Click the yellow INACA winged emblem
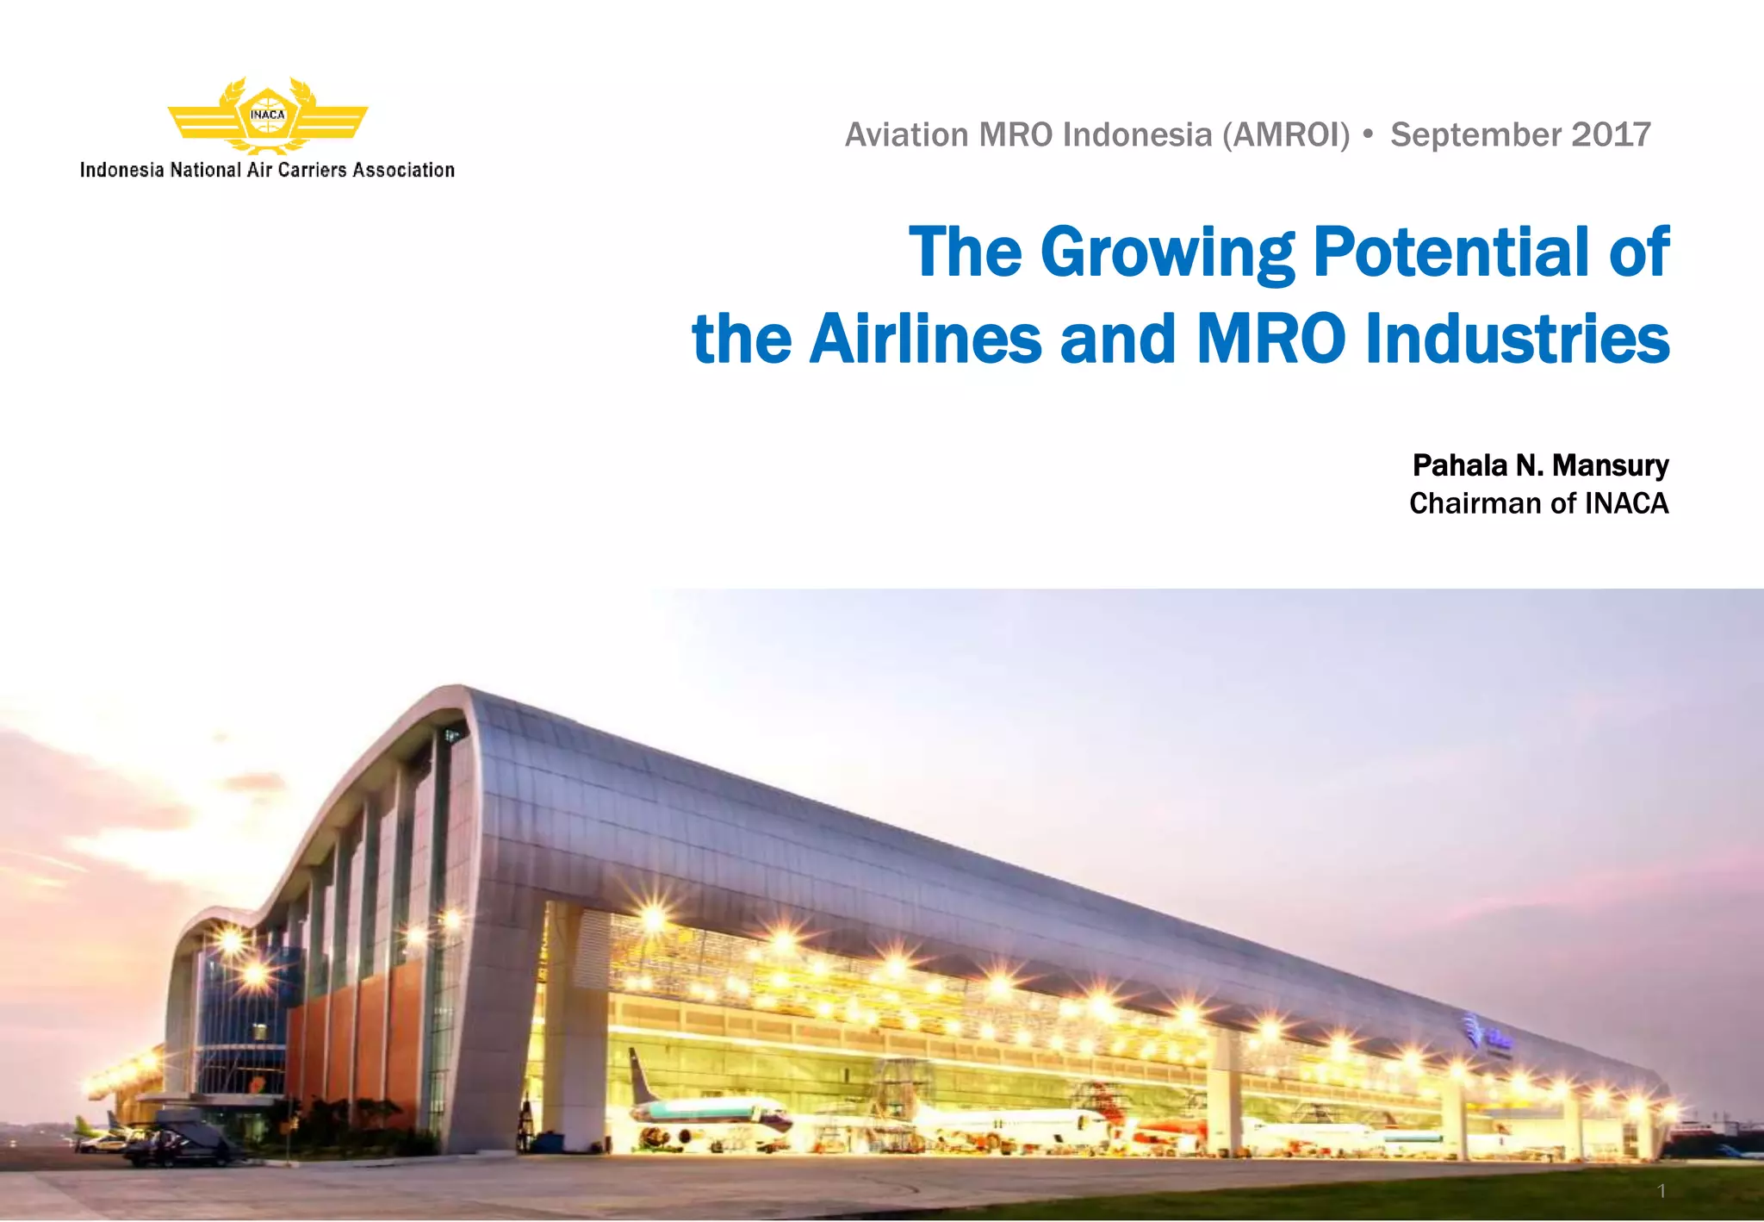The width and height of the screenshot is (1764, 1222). (x=267, y=116)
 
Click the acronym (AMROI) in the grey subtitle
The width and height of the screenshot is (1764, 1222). (x=1286, y=135)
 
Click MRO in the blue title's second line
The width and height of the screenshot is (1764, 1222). (x=1270, y=339)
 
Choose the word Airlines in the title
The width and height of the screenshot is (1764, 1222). (x=926, y=339)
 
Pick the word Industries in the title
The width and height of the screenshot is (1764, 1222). (x=1518, y=339)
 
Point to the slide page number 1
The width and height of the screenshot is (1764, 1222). (x=1662, y=1192)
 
